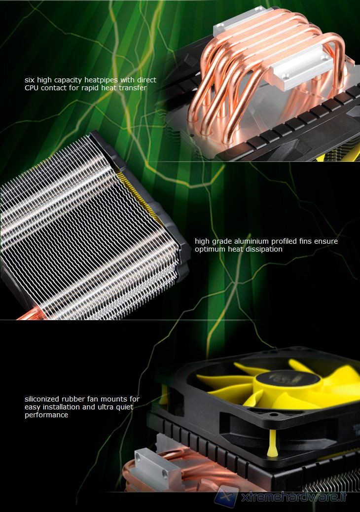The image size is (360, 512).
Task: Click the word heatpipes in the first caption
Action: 101,80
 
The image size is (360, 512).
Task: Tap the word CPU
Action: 32,88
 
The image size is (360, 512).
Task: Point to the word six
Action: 30,80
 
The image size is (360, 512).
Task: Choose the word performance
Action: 46,415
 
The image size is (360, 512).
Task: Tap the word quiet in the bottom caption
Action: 123,407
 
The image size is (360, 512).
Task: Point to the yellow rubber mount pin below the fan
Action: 272,443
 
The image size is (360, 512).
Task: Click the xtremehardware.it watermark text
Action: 293,497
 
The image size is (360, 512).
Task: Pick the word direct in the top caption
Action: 146,80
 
